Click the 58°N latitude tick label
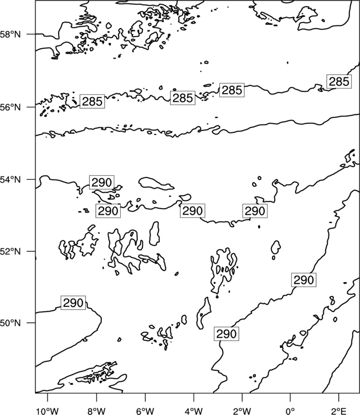click(x=10, y=34)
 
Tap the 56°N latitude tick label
click(x=10, y=107)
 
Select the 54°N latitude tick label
click(x=10, y=179)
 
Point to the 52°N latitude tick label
click(x=10, y=251)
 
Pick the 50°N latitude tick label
click(x=10, y=323)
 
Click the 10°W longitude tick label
click(x=47, y=411)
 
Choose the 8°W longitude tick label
click(x=96, y=411)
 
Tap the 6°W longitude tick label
click(x=145, y=411)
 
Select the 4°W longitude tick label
click(x=193, y=411)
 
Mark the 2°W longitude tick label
click(x=242, y=411)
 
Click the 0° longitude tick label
click(x=290, y=411)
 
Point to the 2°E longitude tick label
click(x=339, y=411)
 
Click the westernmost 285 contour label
click(x=92, y=101)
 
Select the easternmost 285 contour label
click(x=339, y=81)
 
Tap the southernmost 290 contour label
click(x=227, y=334)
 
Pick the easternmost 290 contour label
click(x=304, y=280)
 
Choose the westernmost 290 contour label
click(x=73, y=303)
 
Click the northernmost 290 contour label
click(x=102, y=182)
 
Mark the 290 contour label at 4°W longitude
click(x=193, y=211)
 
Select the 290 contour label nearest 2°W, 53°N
click(x=255, y=211)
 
